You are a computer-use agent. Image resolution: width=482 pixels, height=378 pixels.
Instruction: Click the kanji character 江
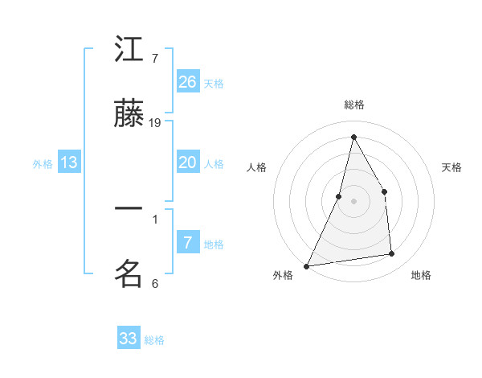click(129, 51)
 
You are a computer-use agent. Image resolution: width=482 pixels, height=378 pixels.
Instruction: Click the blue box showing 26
click(188, 82)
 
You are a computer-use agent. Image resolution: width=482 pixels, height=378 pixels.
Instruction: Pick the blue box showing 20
click(188, 162)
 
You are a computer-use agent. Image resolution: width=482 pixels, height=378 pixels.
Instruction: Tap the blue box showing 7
click(188, 243)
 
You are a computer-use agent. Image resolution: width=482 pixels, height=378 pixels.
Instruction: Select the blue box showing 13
click(69, 162)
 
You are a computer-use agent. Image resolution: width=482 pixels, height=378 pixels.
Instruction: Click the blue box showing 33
click(129, 339)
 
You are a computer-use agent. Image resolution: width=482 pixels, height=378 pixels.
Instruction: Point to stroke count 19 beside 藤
click(156, 123)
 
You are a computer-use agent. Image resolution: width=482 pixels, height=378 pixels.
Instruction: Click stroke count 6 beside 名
click(155, 283)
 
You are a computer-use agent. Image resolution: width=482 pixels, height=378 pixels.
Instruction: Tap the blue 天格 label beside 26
click(214, 83)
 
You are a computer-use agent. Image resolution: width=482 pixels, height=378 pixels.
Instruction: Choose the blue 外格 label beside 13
click(43, 163)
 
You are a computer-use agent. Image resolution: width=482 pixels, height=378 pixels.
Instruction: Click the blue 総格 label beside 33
click(154, 339)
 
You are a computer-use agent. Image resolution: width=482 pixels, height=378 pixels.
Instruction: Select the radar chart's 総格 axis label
click(354, 105)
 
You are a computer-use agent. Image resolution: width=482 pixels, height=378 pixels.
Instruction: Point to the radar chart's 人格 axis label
click(256, 167)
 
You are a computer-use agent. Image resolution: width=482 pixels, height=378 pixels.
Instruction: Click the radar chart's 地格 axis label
click(421, 275)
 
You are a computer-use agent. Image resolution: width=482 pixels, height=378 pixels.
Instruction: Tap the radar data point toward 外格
click(307, 265)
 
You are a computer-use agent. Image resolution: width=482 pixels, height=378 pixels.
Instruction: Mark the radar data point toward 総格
click(353, 137)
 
